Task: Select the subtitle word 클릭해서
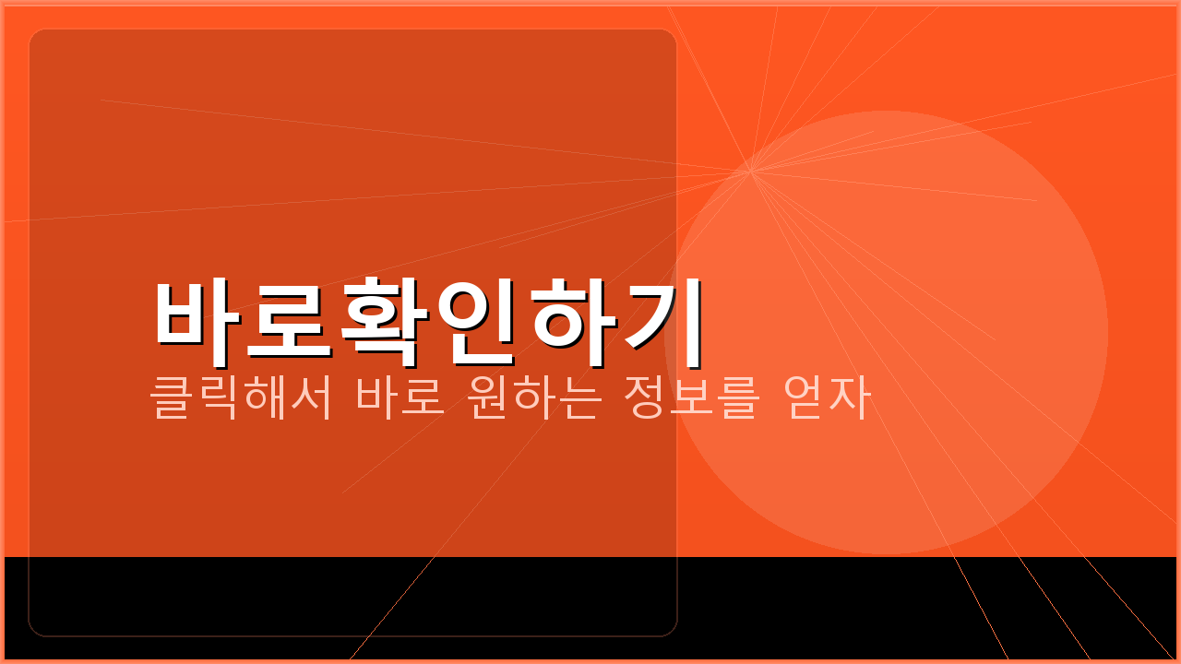click(241, 398)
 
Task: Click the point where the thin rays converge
click(750, 172)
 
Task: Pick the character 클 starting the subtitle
click(172, 398)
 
